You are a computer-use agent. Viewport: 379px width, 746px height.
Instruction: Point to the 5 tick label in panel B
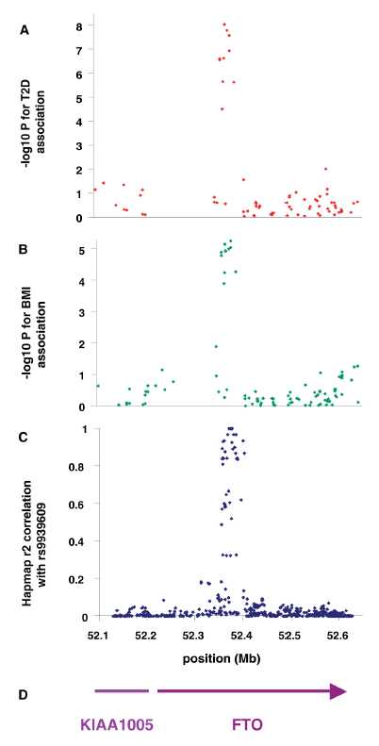coord(80,250)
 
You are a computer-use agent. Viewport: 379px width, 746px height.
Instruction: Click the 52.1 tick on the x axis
coord(96,635)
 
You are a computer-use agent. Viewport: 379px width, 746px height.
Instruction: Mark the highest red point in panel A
coord(223,25)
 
